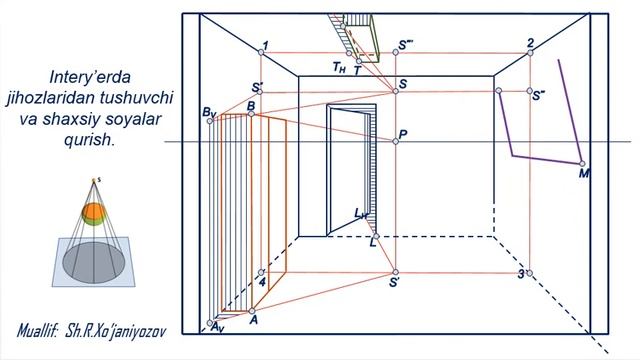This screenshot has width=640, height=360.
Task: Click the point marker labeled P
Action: point(396,141)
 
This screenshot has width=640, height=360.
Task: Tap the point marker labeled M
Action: point(582,164)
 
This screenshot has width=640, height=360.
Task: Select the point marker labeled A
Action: point(252,311)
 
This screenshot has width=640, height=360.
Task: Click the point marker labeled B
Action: point(251,114)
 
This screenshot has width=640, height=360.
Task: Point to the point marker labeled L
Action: point(376,236)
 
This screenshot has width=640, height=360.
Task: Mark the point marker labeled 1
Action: point(261,52)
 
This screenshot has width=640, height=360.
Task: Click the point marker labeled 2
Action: point(530,53)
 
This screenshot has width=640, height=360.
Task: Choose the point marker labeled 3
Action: point(529,273)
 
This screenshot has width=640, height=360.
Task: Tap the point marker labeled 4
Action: point(261,272)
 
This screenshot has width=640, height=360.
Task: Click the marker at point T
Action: point(359,61)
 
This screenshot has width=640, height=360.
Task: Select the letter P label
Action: point(403,134)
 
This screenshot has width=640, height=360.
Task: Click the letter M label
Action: point(584,174)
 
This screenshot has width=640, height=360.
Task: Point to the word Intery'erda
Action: point(90,77)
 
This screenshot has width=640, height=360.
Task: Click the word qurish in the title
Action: point(88,140)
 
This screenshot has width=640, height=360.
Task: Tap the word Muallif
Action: point(37,331)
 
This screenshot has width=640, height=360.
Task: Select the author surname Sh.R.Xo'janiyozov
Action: point(116,331)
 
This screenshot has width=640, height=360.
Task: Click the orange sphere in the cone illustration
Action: point(94,212)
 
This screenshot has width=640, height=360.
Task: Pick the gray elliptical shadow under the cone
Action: point(94,263)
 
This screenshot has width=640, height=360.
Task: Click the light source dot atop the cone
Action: point(93,180)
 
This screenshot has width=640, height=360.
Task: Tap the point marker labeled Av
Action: point(210,323)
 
